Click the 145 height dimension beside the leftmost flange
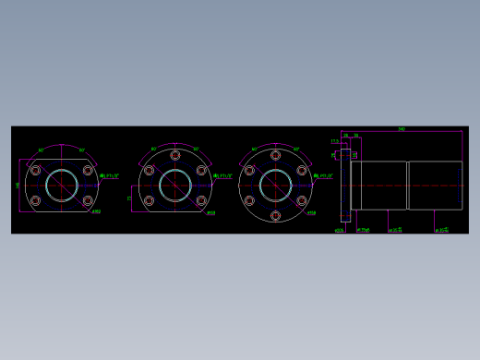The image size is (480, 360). [18, 186]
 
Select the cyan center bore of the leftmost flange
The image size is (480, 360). [62, 185]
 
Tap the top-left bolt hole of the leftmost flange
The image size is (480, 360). [36, 170]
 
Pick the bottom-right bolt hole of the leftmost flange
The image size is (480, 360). [88, 199]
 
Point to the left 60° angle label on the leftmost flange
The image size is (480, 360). [41, 150]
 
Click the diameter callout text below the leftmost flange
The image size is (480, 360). [97, 212]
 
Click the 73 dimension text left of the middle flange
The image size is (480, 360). [129, 198]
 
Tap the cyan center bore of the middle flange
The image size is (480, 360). [175, 186]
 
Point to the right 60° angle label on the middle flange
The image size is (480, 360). [196, 150]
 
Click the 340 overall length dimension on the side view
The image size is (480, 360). [402, 129]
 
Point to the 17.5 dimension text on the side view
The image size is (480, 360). [334, 141]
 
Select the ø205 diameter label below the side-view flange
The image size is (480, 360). [339, 230]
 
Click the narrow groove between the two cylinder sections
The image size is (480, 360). [407, 186]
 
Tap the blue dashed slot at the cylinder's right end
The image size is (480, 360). [459, 186]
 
